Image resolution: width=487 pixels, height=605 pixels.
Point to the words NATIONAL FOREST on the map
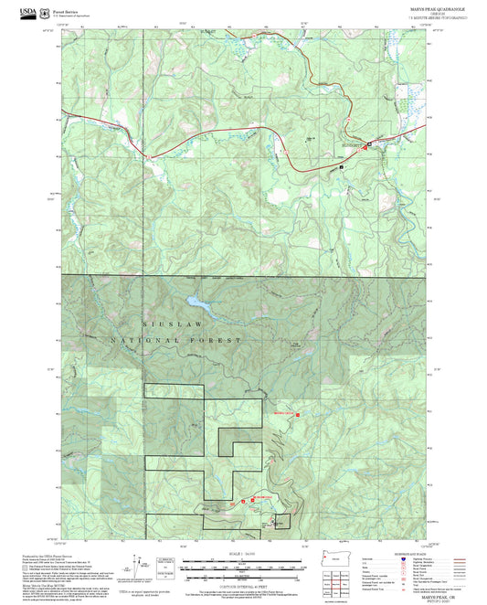(177, 340)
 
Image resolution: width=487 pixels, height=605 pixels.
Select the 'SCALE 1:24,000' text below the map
(243, 554)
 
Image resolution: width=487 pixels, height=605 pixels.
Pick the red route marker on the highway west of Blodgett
(137, 147)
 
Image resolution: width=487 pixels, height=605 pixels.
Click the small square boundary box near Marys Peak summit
(282, 521)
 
